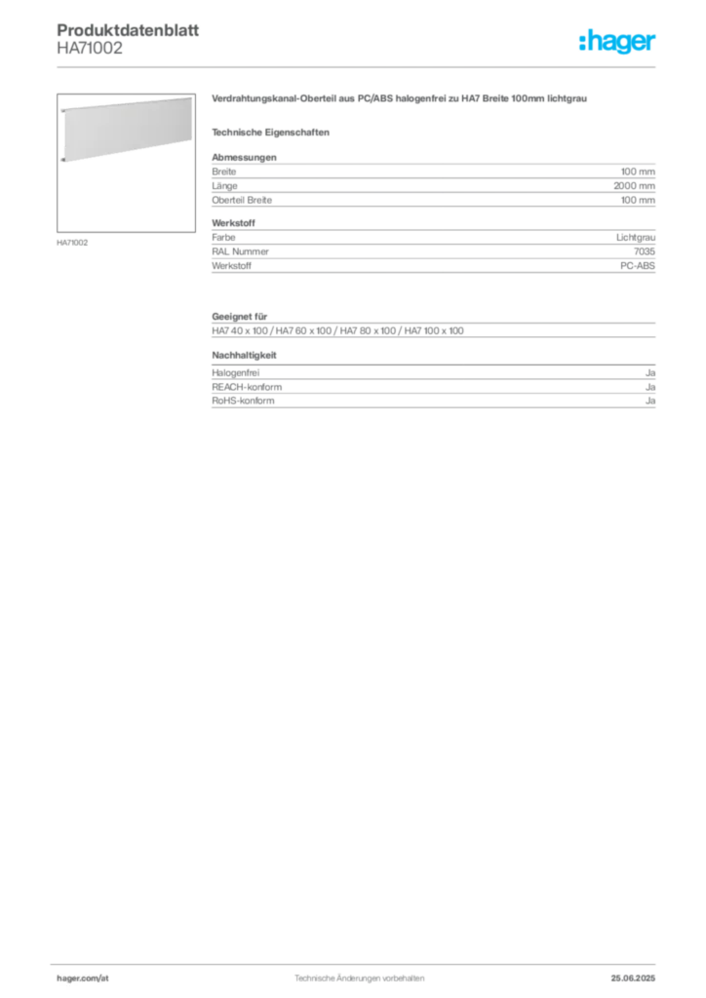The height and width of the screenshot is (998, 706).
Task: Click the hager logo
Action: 617,41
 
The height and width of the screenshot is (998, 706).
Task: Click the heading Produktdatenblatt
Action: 128,30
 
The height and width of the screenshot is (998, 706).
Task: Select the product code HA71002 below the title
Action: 90,49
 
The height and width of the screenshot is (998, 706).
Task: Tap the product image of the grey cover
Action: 127,130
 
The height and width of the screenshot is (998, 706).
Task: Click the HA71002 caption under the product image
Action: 72,243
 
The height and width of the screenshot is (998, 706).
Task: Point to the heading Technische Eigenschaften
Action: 270,133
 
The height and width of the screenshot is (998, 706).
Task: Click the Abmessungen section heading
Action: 244,157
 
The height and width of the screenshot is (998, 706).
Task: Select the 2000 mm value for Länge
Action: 634,186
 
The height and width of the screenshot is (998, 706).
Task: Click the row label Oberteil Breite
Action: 242,200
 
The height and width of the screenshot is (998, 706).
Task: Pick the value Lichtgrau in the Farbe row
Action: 636,238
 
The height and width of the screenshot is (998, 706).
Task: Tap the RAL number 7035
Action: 645,251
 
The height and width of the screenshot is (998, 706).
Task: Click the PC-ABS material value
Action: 637,265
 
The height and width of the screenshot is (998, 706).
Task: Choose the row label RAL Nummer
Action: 240,251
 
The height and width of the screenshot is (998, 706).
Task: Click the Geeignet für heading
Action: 239,317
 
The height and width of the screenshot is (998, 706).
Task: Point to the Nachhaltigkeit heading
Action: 245,355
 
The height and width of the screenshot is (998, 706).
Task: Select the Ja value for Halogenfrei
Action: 650,373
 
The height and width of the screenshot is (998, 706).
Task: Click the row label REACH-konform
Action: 247,387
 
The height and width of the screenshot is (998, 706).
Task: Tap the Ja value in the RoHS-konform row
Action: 650,401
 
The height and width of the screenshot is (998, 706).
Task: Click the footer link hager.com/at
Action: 83,979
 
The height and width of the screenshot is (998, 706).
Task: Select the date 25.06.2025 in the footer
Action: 633,979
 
